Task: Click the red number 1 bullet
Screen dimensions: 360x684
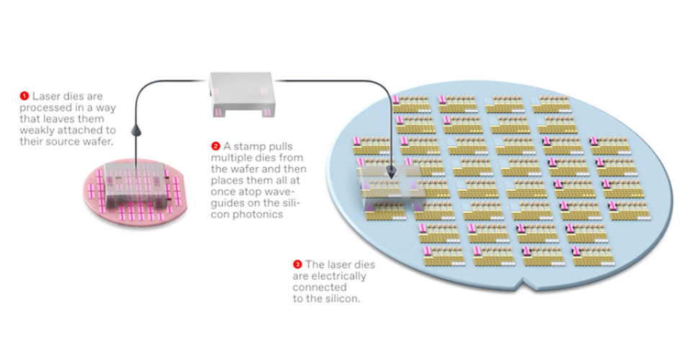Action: (24, 95)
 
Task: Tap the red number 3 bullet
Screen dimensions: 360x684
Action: (297, 264)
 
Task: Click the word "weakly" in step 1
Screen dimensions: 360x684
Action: (37, 130)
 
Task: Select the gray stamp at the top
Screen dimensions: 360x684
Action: (241, 93)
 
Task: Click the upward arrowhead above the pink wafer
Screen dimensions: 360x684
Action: (135, 130)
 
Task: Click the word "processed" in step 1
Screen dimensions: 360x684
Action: (45, 107)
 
